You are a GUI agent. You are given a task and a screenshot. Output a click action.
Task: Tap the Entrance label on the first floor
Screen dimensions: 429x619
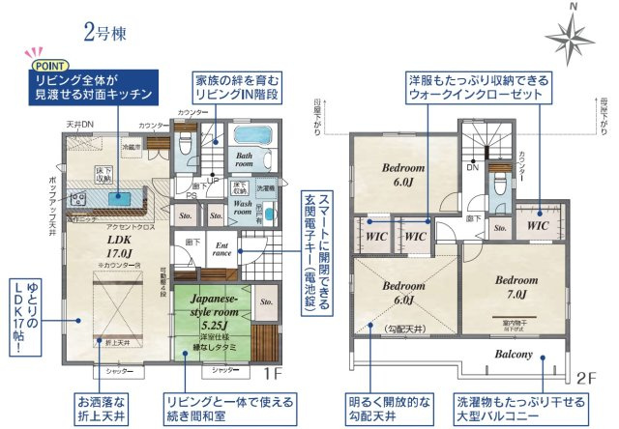221,251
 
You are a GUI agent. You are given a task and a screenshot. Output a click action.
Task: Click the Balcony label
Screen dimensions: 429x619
515,355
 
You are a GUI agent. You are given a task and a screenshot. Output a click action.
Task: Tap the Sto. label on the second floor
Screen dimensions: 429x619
500,229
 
